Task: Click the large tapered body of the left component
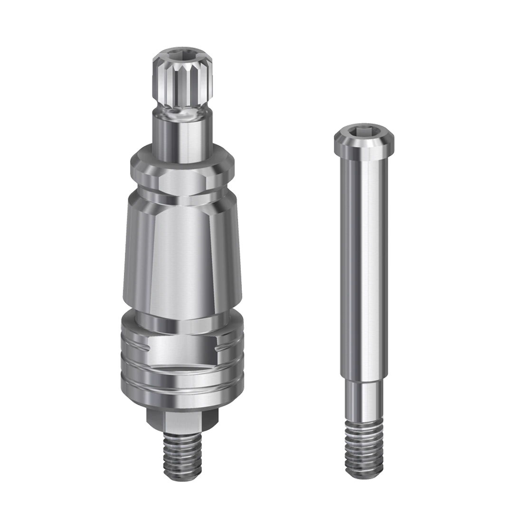pyautogui.click(x=182, y=256)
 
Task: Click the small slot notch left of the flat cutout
pyautogui.click(x=137, y=350)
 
